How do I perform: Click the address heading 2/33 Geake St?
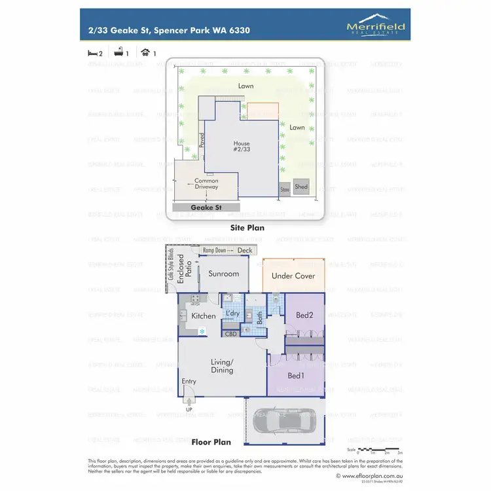point(168,30)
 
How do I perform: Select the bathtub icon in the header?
point(119,53)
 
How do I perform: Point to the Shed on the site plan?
point(300,187)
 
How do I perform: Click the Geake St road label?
point(204,207)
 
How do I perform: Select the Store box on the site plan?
point(284,189)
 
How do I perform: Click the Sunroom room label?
point(224,274)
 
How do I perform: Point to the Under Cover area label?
point(293,276)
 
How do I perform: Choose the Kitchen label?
point(204,316)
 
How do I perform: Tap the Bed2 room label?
point(304,316)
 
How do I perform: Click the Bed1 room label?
point(295,376)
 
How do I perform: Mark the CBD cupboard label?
point(230,334)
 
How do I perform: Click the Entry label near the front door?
point(189,382)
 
